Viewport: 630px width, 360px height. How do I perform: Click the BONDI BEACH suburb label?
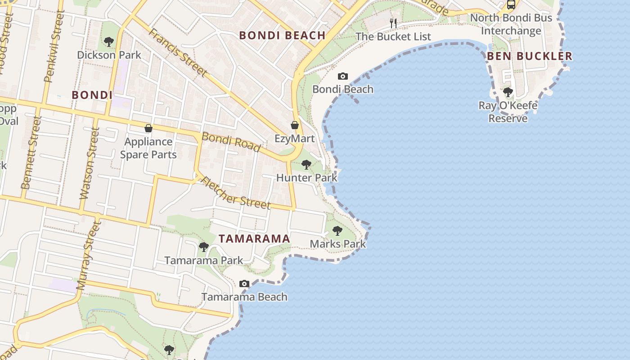[282, 36]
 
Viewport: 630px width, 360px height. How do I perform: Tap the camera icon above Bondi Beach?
[343, 76]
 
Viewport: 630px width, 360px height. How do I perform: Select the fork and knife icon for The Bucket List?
[394, 23]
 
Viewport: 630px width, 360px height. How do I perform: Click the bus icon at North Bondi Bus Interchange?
[511, 5]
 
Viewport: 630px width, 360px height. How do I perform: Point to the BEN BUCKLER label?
[530, 56]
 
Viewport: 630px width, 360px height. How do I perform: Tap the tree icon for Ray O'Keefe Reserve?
[508, 92]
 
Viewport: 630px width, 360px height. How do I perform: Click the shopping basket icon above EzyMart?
[295, 125]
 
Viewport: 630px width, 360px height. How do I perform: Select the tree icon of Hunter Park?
[306, 165]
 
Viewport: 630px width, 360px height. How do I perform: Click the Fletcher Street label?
[235, 192]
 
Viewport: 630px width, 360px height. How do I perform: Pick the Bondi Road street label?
[231, 142]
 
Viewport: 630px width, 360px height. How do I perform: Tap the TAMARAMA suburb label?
[254, 239]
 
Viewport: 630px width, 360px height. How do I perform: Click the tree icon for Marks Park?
[337, 231]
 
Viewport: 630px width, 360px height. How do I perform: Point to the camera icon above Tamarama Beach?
[244, 283]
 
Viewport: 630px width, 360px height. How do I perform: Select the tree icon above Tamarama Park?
[204, 247]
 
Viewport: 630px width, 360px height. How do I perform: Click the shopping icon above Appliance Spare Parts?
[148, 128]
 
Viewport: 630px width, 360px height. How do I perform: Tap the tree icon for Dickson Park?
[108, 42]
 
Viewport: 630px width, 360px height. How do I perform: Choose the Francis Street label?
[178, 52]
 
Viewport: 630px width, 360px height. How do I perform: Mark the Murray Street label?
[88, 255]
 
